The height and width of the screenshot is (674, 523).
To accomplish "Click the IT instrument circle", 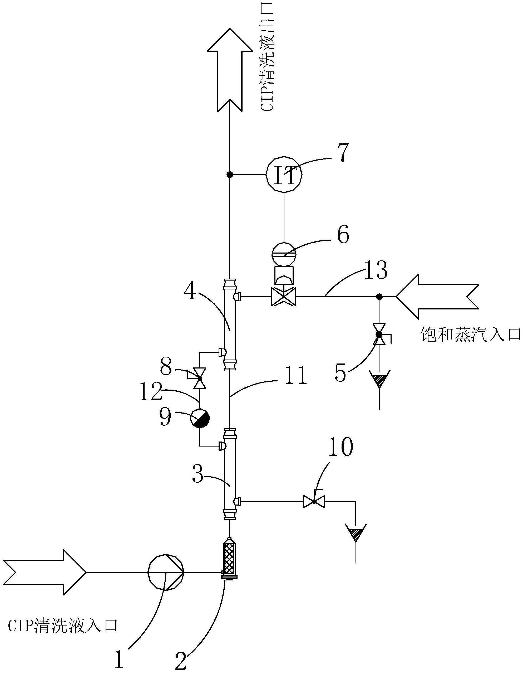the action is pos(284,175).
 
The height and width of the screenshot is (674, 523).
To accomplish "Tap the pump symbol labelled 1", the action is pos(166,573).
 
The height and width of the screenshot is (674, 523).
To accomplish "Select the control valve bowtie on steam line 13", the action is pos(284,297).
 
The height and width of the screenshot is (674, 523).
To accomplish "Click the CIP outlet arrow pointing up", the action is pos(229,70).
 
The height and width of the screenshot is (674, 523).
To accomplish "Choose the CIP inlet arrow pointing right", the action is pos(45,573).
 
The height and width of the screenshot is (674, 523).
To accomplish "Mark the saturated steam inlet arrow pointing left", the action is pos(437,297).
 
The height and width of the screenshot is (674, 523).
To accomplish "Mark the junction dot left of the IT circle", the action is pos(229,175).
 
